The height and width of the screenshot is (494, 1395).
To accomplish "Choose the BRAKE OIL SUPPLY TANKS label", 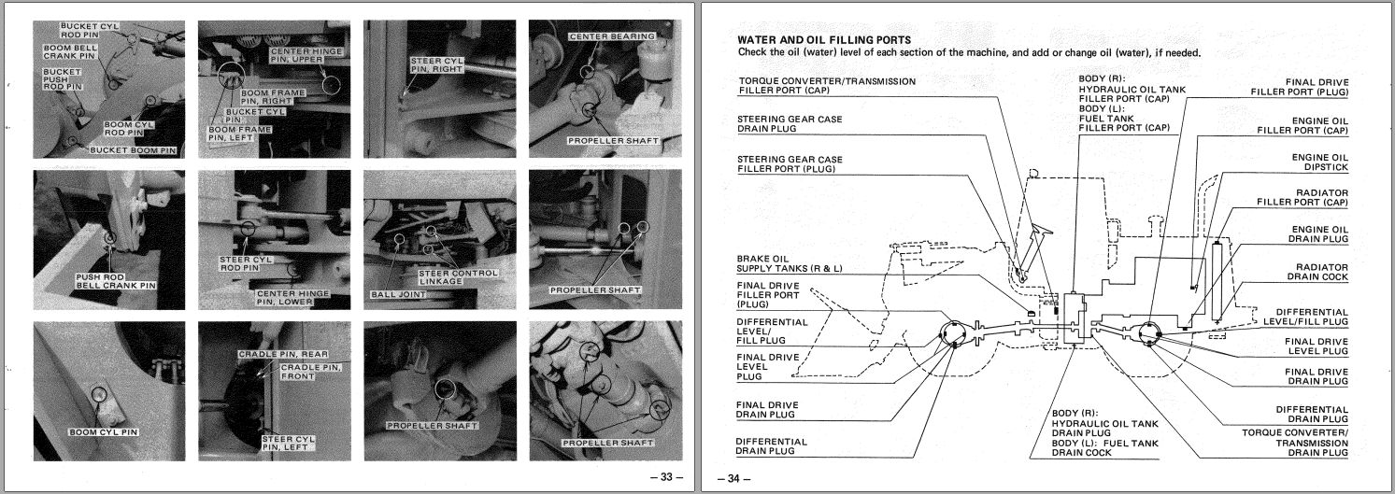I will tap(789, 263).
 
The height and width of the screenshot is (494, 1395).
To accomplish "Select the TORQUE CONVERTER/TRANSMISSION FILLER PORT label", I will tap(814, 87).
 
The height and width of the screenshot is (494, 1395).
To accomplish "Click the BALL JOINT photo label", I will tap(397, 294).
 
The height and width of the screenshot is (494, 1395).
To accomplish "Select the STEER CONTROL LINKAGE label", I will tap(458, 277).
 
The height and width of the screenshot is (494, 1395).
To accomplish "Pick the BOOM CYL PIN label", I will tap(104, 432).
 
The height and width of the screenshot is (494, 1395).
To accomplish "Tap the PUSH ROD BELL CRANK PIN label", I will tap(115, 281).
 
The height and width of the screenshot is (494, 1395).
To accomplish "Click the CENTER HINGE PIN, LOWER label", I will tap(292, 298).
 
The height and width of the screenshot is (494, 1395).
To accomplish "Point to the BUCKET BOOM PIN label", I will tap(133, 149).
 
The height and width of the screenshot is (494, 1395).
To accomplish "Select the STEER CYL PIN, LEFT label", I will tap(287, 442).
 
